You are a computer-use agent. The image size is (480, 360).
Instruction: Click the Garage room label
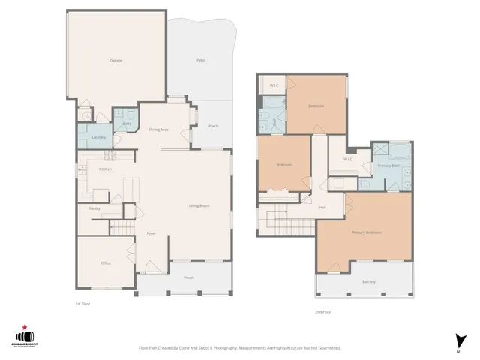tap(116, 60)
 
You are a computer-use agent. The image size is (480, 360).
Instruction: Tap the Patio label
tap(200, 60)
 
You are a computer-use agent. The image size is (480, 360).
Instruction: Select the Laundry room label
tap(97, 138)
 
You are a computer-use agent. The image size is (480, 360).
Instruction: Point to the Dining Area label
tap(158, 130)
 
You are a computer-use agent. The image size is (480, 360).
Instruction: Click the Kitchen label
tap(105, 169)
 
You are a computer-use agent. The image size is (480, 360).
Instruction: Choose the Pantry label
tap(94, 208)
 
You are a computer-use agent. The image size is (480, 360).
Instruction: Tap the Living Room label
tap(199, 205)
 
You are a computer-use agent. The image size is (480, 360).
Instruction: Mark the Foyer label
tap(150, 234)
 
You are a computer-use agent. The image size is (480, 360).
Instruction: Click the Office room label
tap(106, 263)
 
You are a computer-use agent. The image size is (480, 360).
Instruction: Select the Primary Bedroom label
tap(367, 232)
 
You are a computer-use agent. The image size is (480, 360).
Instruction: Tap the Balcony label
tap(369, 282)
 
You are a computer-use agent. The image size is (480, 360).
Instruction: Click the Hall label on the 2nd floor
tap(322, 208)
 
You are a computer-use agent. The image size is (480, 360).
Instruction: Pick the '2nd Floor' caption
tap(323, 311)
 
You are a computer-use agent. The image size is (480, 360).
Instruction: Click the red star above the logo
tap(24, 327)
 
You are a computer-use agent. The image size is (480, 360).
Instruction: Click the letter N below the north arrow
tap(457, 352)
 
